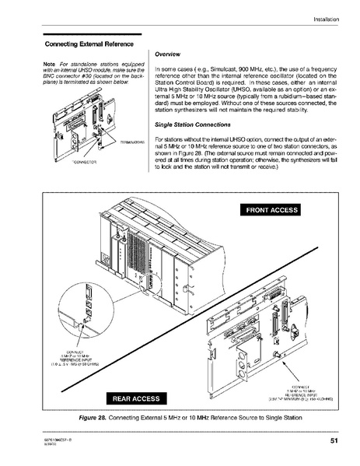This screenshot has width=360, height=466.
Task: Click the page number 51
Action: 333,441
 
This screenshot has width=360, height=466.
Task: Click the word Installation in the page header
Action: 329,18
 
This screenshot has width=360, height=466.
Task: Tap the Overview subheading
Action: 169,55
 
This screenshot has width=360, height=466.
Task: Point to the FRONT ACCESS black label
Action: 276,209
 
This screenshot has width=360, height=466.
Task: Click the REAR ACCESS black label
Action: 136,398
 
